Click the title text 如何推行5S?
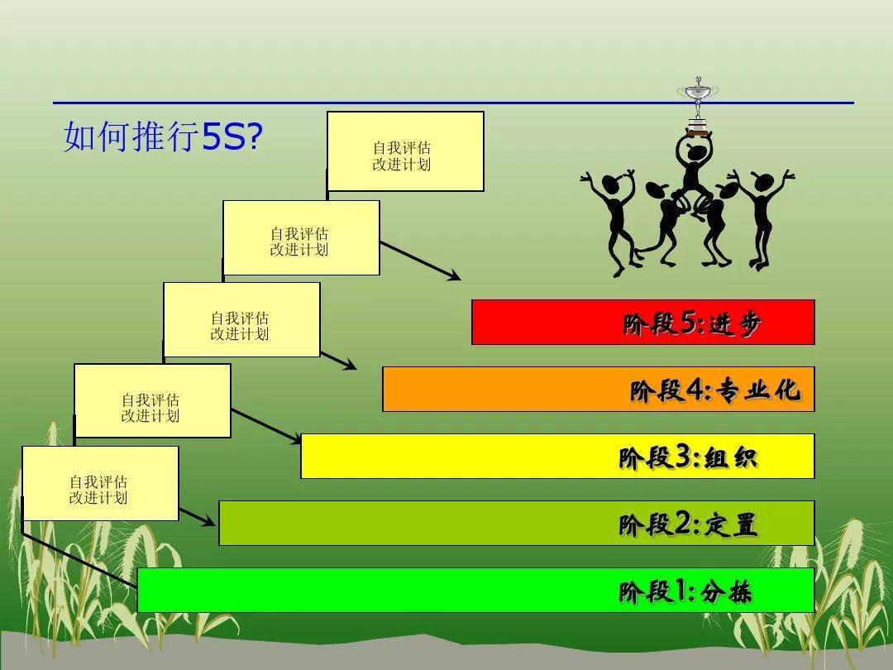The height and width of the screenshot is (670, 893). pyautogui.click(x=162, y=136)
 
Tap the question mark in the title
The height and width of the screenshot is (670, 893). pyautogui.click(x=255, y=137)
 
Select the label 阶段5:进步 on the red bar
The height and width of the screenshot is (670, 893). pyautogui.click(x=691, y=323)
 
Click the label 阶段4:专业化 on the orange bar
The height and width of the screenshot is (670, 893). pyautogui.click(x=714, y=390)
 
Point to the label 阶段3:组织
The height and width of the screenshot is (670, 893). pyautogui.click(x=687, y=457)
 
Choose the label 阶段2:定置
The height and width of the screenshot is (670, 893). pyautogui.click(x=687, y=524)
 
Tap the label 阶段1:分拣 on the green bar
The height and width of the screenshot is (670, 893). pyautogui.click(x=685, y=591)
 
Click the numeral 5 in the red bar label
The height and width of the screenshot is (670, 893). pyautogui.click(x=689, y=323)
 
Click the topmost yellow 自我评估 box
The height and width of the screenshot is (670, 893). pyautogui.click(x=405, y=152)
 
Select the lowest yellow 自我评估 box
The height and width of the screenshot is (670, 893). pyautogui.click(x=100, y=484)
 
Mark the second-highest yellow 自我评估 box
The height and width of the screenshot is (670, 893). pyautogui.click(x=301, y=238)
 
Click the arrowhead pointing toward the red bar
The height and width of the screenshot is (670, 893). pyautogui.click(x=453, y=276)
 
